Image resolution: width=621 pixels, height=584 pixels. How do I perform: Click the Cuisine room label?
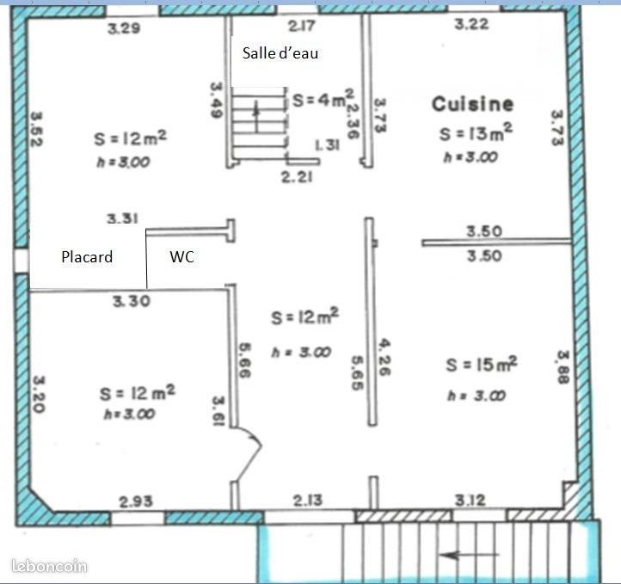(472, 104)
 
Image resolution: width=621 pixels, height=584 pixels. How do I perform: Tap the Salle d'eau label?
(280, 53)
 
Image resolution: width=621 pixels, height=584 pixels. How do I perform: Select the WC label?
(181, 257)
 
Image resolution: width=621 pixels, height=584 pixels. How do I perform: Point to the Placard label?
(87, 257)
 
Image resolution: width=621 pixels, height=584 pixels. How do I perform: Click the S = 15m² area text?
(481, 365)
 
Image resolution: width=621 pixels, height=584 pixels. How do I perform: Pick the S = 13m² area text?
(476, 132)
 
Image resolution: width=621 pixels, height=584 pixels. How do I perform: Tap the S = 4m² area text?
(323, 99)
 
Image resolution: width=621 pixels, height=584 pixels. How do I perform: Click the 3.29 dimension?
(124, 28)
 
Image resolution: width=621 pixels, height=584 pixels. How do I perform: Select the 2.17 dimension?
(302, 26)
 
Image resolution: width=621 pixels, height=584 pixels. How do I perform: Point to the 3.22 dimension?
(471, 24)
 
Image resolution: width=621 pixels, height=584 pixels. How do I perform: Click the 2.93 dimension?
(136, 501)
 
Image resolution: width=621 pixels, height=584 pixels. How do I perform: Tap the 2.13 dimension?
(308, 501)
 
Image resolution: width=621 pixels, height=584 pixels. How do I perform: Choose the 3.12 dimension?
(470, 501)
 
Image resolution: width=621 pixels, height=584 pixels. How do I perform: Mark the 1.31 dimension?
(327, 145)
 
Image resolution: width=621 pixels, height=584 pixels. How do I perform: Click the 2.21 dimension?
(297, 176)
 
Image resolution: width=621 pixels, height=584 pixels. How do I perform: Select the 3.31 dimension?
(122, 218)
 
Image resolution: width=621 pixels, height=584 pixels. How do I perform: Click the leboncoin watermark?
(49, 566)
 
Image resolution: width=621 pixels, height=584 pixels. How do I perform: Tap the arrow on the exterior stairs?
(470, 555)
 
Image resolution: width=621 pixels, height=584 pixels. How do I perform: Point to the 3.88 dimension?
(563, 367)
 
